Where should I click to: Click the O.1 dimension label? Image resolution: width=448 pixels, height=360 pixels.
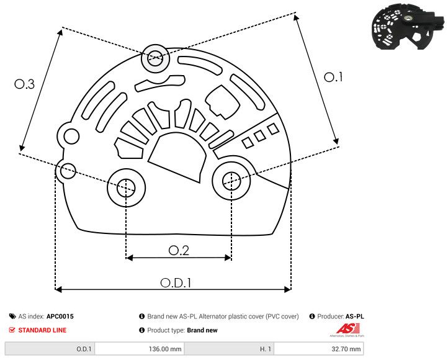coord(334,77)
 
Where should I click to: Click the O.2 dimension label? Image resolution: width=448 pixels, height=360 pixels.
coord(178,250)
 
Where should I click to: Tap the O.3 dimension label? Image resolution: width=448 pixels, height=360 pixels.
coord(24,84)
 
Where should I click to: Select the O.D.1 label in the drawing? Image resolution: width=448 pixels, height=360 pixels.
coord(176,282)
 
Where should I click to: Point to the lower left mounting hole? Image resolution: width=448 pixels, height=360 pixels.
coord(126,186)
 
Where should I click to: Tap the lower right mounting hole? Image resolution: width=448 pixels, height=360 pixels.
coord(231,181)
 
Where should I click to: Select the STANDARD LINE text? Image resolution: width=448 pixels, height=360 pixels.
coord(42,330)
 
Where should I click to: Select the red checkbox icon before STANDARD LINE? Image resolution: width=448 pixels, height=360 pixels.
coord(12,330)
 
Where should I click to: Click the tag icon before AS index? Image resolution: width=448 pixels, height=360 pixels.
coord(12,317)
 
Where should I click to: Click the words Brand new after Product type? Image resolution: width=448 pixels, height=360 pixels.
coord(202,330)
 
